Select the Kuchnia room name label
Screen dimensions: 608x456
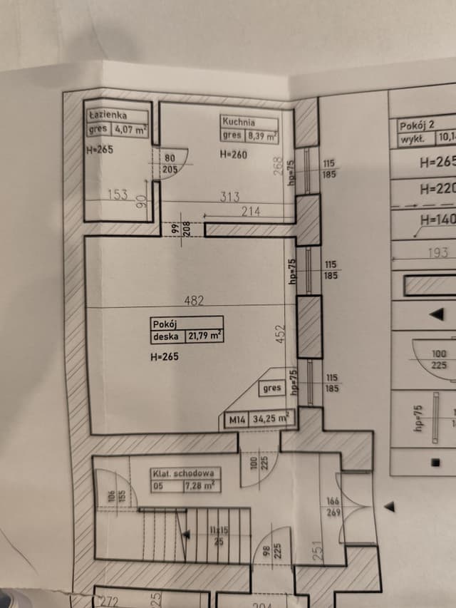click(x=238, y=122)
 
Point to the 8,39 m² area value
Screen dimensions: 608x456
click(x=261, y=135)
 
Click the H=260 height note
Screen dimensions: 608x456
click(x=234, y=153)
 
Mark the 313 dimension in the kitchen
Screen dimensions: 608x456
click(x=229, y=197)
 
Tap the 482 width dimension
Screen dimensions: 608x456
click(x=194, y=301)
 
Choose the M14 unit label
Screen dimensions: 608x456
click(x=235, y=420)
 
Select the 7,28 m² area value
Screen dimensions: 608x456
click(x=199, y=486)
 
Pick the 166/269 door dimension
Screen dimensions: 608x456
click(x=333, y=507)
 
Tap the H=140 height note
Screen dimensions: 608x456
click(x=437, y=220)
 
